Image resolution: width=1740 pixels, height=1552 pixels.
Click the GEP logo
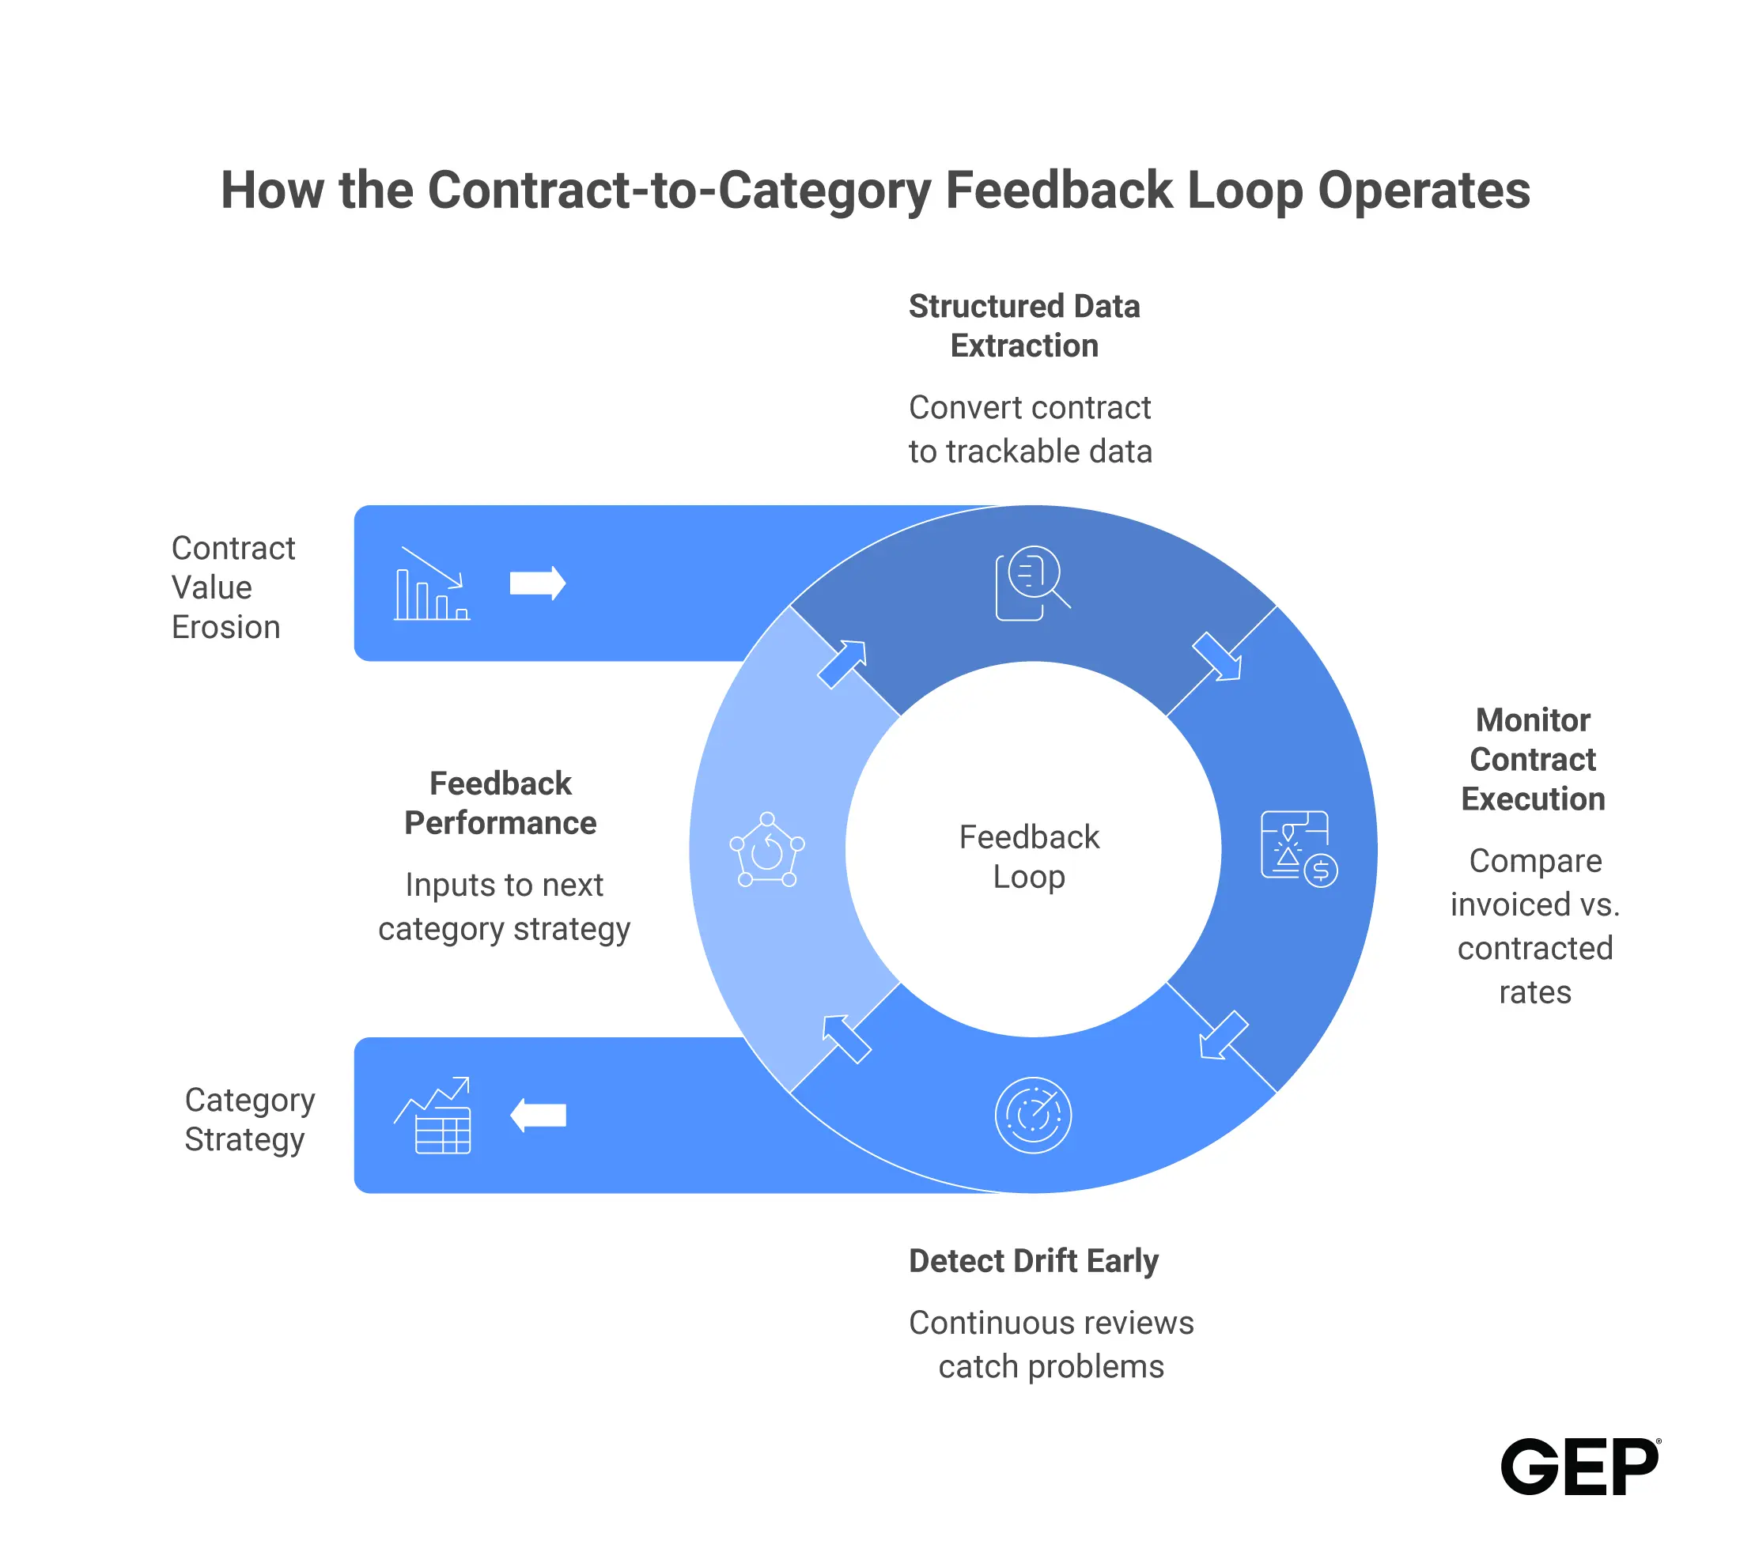click(1580, 1467)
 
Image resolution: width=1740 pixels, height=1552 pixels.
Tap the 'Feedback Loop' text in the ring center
click(1029, 857)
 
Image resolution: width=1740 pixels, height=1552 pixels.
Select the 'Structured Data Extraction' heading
click(1024, 326)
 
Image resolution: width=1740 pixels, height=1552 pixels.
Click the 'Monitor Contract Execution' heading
click(1533, 760)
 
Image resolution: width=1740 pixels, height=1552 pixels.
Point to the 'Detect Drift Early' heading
click(1034, 1260)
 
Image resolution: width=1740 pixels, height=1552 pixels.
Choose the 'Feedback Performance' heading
click(501, 803)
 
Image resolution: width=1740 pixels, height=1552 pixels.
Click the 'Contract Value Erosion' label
click(233, 587)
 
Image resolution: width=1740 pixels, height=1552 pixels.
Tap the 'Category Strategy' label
click(249, 1120)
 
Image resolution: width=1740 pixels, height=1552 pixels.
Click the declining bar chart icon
click(432, 583)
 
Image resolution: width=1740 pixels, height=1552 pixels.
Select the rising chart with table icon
click(433, 1116)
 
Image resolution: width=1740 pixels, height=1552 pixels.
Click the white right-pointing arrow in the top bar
click(537, 583)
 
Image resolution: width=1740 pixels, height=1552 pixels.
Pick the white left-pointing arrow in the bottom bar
click(537, 1116)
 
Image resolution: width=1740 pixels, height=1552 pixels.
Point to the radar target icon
click(1033, 1116)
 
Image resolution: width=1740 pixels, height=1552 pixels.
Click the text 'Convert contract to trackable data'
click(1031, 429)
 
